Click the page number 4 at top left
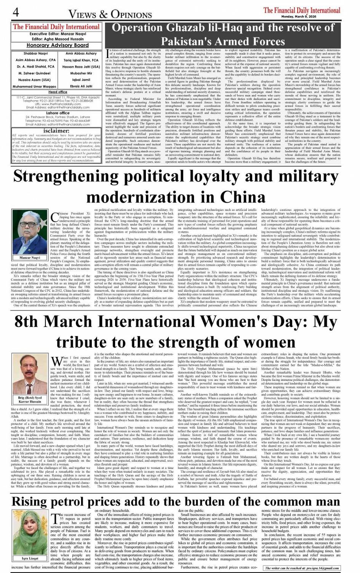point(16,12)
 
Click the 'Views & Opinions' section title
point(110,14)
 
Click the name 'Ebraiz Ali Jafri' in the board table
point(81,86)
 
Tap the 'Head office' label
point(58,92)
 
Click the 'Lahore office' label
point(58,113)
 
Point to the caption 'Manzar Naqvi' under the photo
point(30,258)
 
